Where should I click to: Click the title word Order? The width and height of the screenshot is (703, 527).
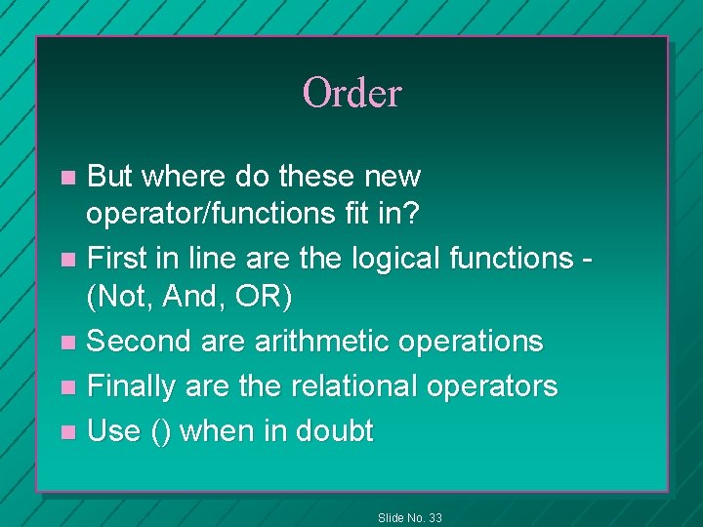click(x=351, y=94)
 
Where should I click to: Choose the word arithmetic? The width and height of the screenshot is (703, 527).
click(x=312, y=341)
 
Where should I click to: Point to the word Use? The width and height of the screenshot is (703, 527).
click(x=114, y=431)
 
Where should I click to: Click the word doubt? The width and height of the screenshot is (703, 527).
click(x=335, y=431)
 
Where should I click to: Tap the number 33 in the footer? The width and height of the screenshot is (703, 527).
click(x=434, y=517)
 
